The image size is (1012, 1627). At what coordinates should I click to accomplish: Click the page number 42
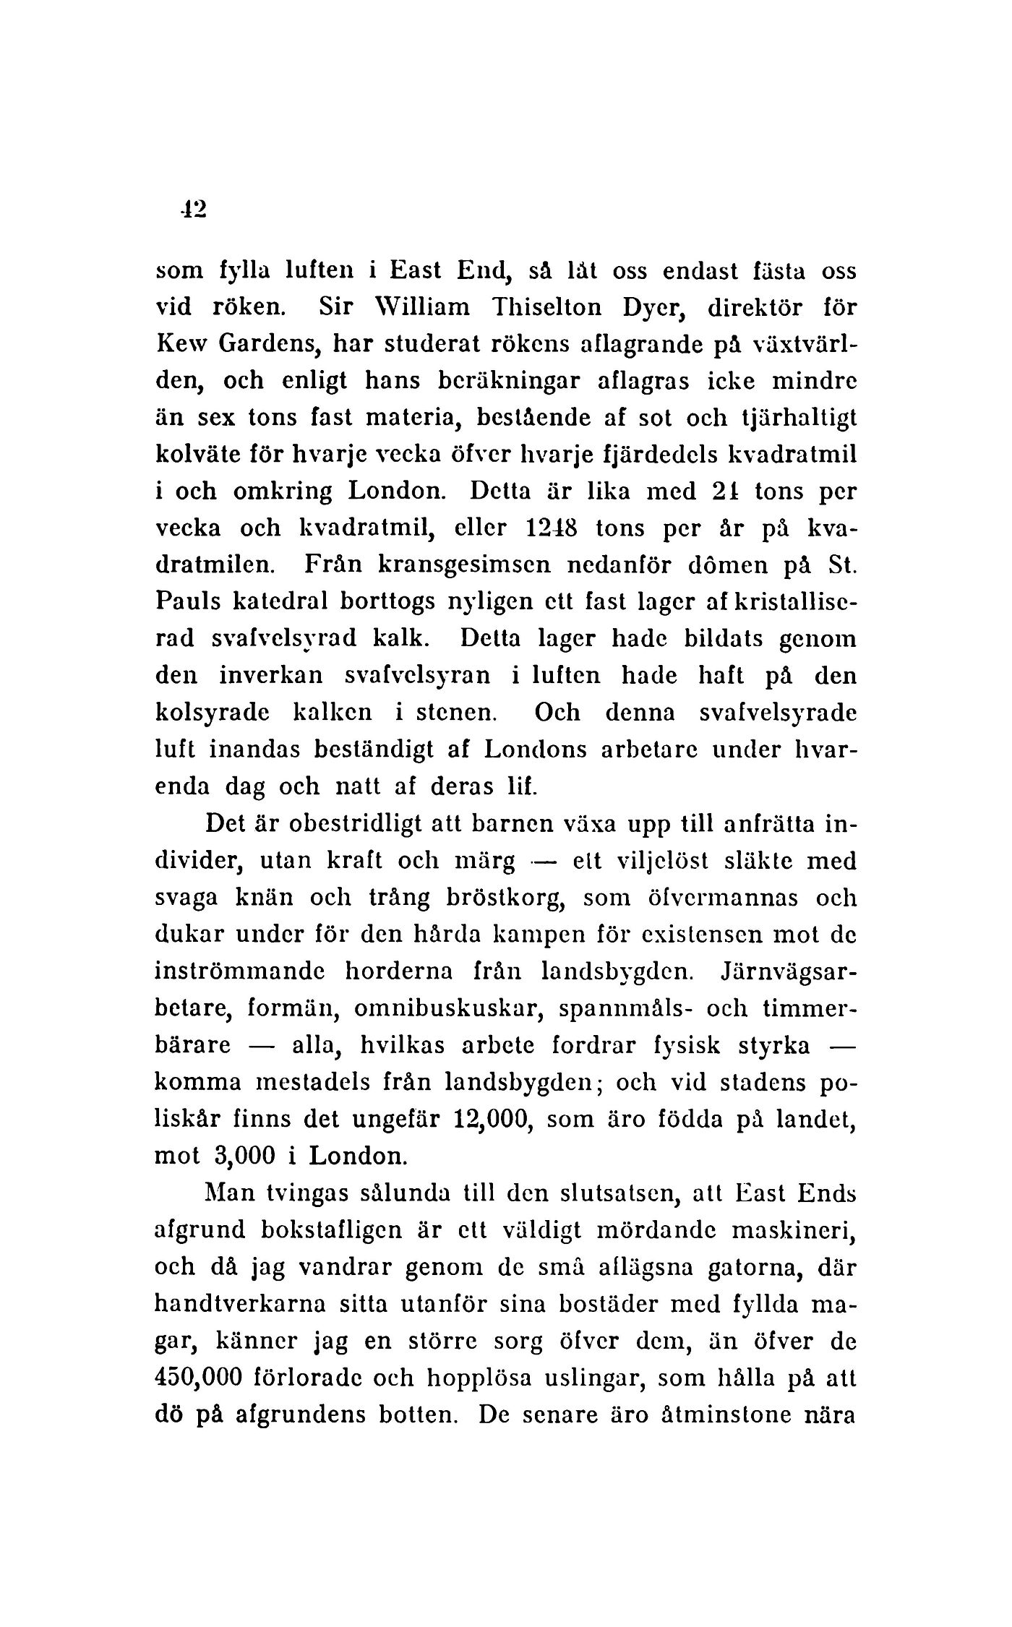coord(194,209)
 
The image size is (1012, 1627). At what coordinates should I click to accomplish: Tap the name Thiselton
coord(559,309)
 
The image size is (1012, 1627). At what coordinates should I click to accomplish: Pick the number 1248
coord(553,529)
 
